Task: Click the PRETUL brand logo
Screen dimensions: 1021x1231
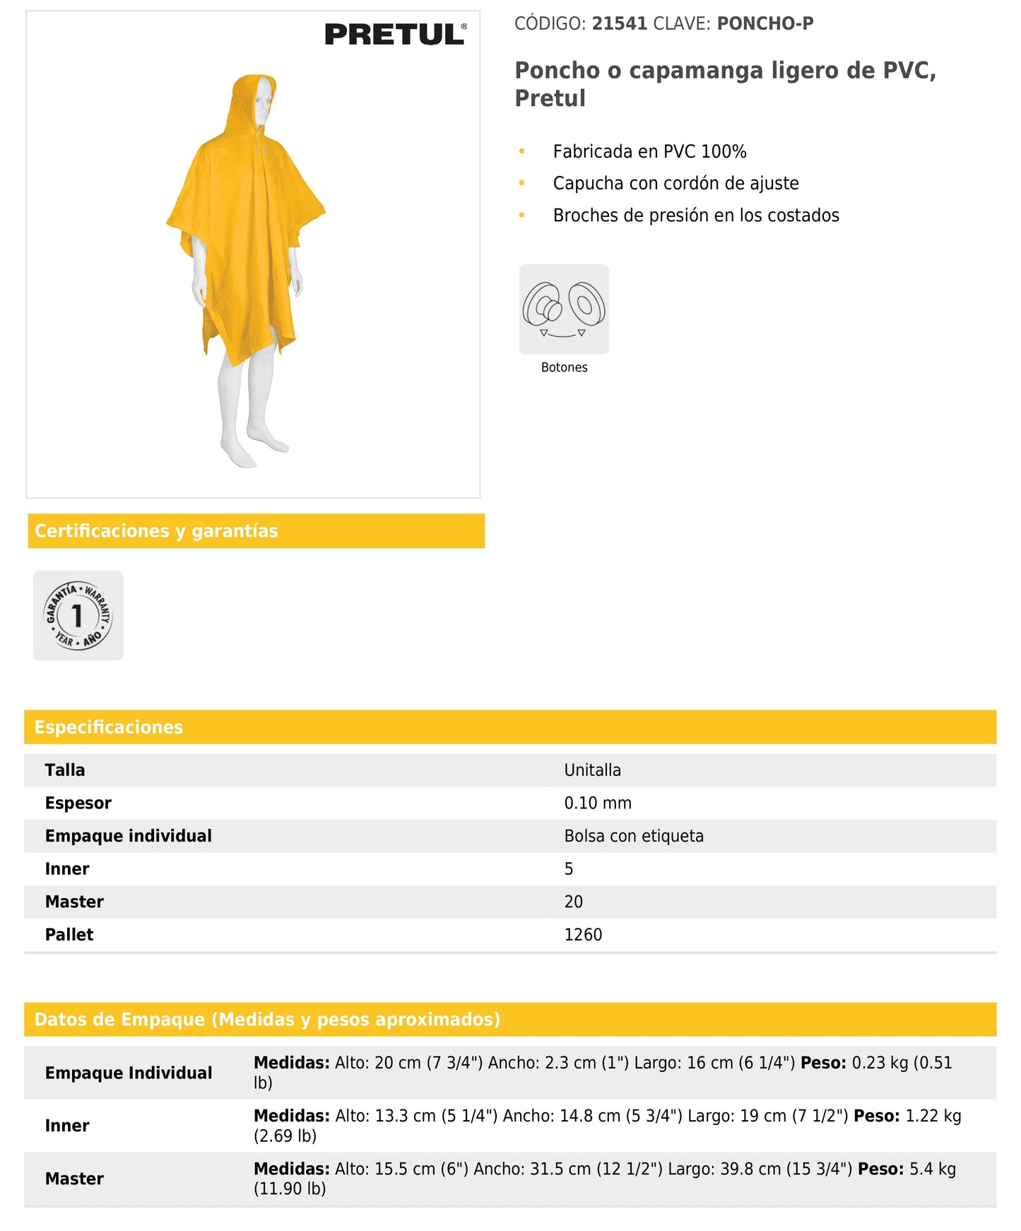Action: coord(395,34)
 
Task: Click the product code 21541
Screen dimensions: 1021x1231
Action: coord(620,23)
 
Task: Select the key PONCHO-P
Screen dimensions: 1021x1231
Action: coord(765,23)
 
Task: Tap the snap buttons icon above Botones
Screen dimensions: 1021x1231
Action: coord(564,309)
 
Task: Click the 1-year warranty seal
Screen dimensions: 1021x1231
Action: coord(78,615)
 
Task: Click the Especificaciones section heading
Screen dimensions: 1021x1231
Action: coord(109,727)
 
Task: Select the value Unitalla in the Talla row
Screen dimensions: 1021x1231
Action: coord(592,770)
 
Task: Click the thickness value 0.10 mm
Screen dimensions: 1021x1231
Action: coord(598,803)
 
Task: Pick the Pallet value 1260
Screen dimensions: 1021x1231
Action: coord(583,935)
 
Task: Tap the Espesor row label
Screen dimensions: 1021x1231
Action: coord(78,803)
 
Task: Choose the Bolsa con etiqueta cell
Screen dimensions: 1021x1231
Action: coord(634,836)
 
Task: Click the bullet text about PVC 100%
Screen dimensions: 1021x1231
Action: coord(649,151)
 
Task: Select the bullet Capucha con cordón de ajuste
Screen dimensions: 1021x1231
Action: coord(675,183)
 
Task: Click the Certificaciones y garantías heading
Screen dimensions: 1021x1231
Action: coord(156,531)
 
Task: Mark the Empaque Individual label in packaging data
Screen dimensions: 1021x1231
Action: coord(129,1073)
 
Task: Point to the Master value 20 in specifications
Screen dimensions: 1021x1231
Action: coord(573,902)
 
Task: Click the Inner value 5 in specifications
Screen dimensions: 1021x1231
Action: coord(569,869)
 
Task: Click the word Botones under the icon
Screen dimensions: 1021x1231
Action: coord(564,367)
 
